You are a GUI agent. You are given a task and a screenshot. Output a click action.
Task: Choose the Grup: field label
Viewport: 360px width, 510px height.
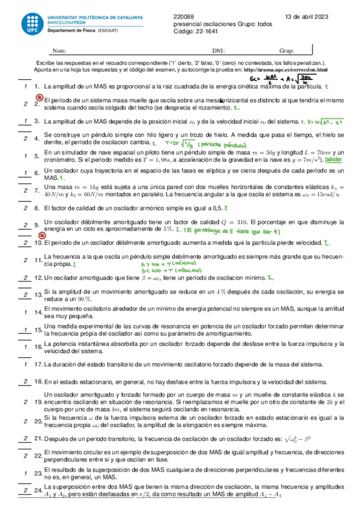pyautogui.click(x=286, y=51)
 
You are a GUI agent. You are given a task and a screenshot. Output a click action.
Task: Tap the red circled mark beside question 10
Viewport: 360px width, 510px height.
pyautogui.click(x=23, y=235)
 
